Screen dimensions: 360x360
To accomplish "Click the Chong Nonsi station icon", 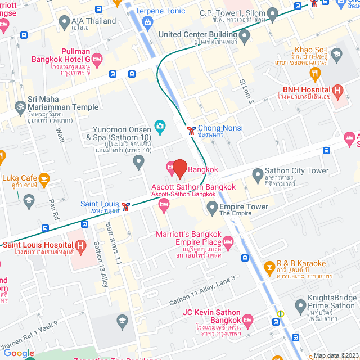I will (192, 130).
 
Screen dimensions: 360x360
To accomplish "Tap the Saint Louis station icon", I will (128, 205).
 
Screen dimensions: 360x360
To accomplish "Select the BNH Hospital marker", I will (337, 90).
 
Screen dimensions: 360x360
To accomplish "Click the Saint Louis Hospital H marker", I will (80, 245).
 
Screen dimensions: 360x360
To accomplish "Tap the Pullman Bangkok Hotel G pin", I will (97, 58).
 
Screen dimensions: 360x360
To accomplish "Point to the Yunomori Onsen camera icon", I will (160, 125).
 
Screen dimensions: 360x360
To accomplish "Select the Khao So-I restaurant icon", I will (337, 54).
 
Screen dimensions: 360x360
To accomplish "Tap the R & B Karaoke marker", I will (269, 264).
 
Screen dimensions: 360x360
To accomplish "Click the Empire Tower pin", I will (212, 209).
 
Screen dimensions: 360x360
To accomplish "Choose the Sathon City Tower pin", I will (258, 173).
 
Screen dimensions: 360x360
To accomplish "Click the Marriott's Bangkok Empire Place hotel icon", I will (228, 243).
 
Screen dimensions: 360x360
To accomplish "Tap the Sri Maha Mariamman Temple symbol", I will (19, 105).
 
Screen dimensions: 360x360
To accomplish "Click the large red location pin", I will (179, 168).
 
